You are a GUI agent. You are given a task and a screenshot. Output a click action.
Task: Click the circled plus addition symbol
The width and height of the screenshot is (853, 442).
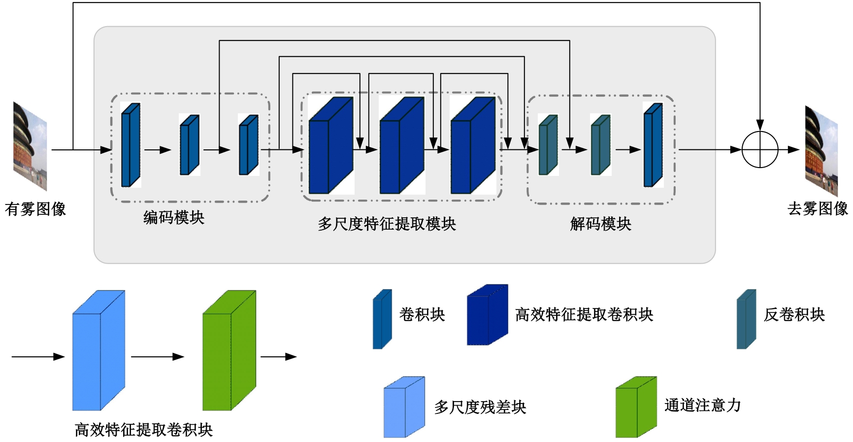[x=759, y=149]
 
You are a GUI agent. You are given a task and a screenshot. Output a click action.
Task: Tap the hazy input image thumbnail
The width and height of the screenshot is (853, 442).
[x=30, y=146]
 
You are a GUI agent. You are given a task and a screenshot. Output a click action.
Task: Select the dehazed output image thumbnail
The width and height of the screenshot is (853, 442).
[x=821, y=151]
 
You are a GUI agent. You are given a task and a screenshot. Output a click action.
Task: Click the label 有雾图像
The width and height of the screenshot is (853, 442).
[x=35, y=209]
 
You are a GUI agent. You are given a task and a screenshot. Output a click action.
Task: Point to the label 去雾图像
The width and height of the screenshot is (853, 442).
[x=818, y=208]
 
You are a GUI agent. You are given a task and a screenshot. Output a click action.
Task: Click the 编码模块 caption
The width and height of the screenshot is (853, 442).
[x=174, y=217]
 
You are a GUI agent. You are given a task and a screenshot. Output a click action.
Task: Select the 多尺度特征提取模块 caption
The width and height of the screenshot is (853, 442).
[x=387, y=224]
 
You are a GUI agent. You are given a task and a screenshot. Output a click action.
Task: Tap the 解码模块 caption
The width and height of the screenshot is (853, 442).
[x=600, y=224]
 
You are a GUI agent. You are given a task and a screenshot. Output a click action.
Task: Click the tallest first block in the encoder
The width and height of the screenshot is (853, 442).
[x=131, y=145]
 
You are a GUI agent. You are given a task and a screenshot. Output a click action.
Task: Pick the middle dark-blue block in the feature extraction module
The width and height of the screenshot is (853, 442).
[x=401, y=146]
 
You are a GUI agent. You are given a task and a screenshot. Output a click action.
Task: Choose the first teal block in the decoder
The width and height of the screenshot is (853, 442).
[x=548, y=145]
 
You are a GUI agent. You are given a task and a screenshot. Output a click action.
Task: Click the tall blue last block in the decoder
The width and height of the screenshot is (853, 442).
[x=653, y=145]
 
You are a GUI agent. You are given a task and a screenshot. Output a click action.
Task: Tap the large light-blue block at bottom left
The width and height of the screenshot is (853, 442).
[x=98, y=351]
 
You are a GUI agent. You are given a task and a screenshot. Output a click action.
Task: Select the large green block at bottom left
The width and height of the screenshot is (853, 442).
[x=229, y=351]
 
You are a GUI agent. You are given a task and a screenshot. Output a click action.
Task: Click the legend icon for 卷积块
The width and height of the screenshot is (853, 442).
[x=382, y=319]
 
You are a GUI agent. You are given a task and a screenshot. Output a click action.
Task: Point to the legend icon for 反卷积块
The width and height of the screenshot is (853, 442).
[x=746, y=319]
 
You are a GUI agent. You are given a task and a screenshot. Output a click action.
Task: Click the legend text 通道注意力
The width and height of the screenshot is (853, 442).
[x=702, y=406]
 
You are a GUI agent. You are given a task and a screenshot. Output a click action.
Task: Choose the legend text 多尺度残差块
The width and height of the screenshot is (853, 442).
[x=480, y=408]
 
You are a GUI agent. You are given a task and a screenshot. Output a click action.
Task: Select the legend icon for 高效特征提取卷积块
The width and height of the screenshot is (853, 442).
[x=487, y=315]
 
